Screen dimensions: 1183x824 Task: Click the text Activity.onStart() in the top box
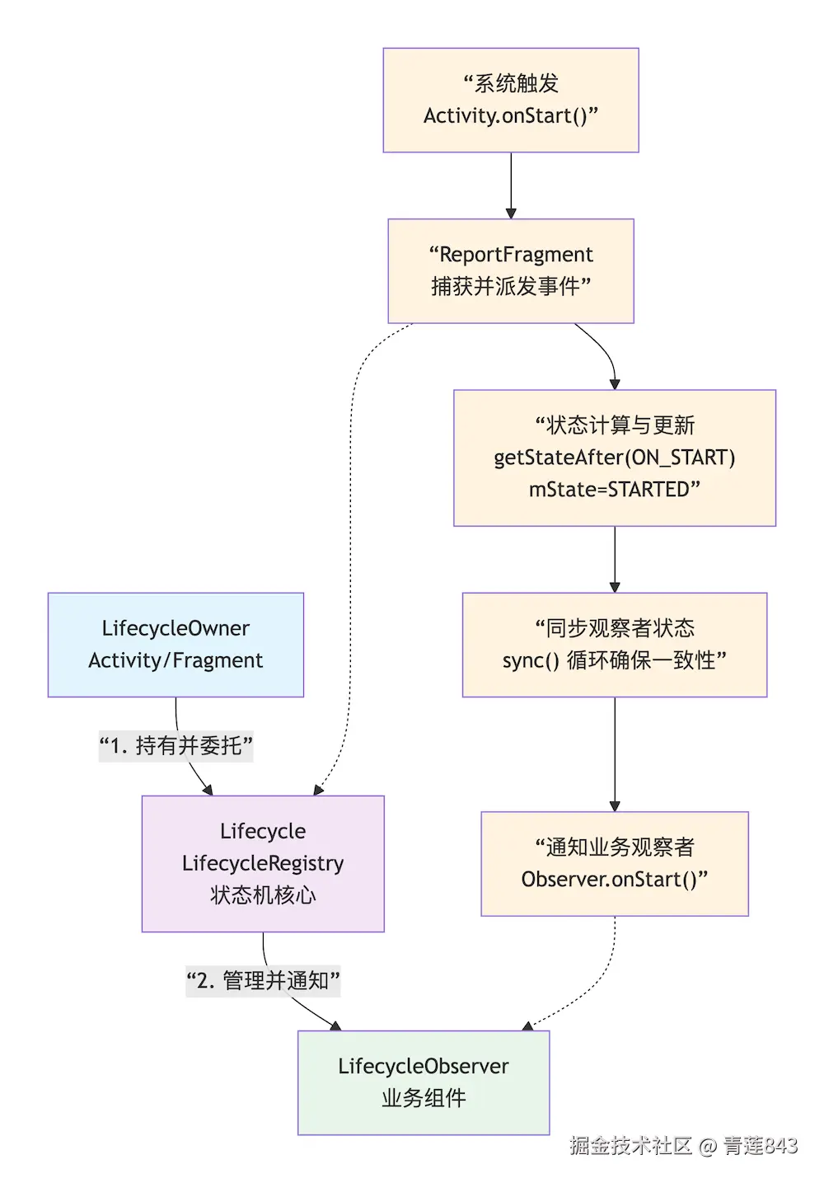pos(506,116)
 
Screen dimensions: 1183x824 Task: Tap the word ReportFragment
pos(517,254)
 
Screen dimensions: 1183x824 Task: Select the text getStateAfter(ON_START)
pos(614,458)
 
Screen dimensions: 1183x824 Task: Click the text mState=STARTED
pos(610,490)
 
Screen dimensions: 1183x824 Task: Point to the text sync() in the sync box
pos(531,661)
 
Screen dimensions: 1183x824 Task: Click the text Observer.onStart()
pos(610,880)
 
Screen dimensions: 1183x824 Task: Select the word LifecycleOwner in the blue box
pos(176,628)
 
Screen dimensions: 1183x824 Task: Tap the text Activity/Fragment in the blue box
pos(176,660)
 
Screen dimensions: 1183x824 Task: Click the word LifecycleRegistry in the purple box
pos(263,863)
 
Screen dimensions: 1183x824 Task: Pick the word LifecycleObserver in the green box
pos(424,1066)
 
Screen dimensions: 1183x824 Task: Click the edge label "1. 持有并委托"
pos(176,746)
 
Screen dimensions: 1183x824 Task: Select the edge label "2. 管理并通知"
pos(263,981)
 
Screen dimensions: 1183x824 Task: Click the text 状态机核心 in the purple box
pos(263,895)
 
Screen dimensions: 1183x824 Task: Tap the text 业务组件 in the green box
pos(424,1098)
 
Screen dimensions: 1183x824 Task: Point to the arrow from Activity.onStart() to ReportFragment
pos(511,185)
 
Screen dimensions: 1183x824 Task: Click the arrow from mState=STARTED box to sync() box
pos(615,559)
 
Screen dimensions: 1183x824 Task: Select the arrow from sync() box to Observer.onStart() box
pos(615,754)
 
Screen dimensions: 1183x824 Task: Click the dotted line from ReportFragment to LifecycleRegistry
pos(351,561)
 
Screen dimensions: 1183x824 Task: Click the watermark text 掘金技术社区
pos(630,1146)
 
